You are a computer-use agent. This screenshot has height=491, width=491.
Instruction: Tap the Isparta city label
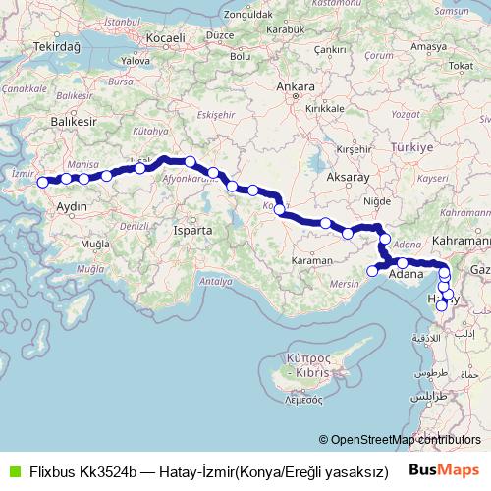(191, 229)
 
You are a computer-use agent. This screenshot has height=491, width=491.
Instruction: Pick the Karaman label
(312, 262)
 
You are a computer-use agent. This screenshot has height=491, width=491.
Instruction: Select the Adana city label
(406, 275)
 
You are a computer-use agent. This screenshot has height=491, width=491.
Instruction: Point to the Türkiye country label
(412, 146)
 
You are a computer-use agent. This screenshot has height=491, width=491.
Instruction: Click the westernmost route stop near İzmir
(42, 182)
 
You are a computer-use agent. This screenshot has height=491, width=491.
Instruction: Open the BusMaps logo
(444, 469)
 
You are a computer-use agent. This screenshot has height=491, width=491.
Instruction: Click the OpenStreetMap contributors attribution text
(406, 440)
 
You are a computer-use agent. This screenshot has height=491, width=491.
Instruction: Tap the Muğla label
(95, 243)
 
